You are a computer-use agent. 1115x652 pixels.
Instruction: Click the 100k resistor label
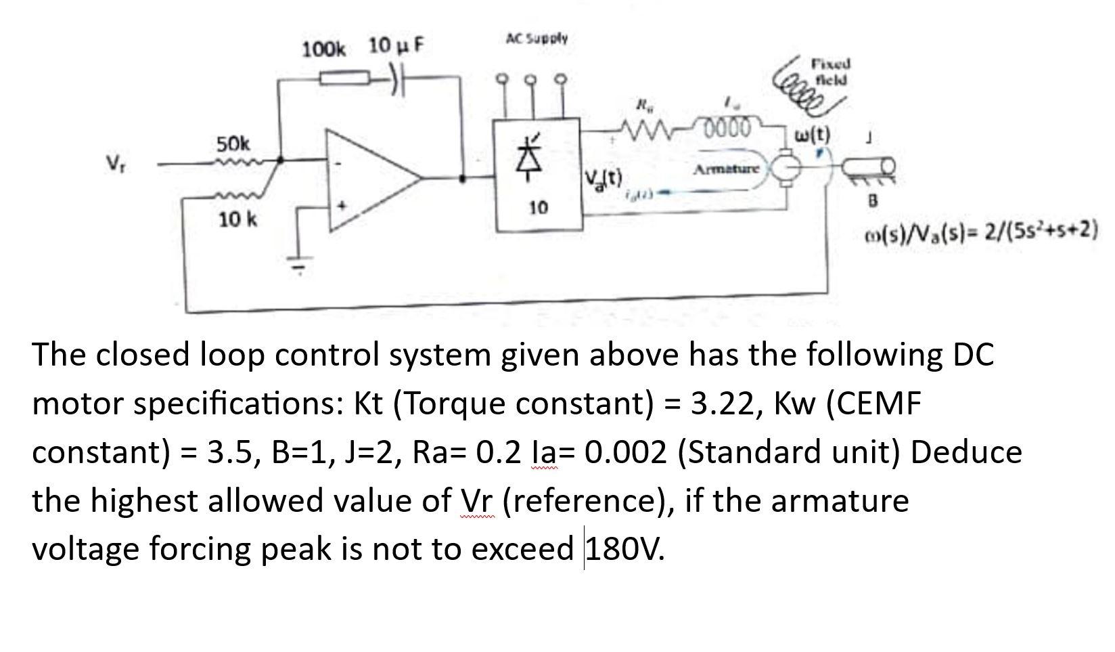(x=323, y=49)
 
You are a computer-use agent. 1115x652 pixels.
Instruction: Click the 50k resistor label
(x=233, y=144)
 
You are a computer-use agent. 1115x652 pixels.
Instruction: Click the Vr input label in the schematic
(x=114, y=163)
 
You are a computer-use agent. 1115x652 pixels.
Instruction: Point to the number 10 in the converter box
(x=539, y=208)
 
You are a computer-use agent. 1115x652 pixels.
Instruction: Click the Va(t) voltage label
(x=605, y=180)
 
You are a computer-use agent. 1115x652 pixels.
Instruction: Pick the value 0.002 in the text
(x=622, y=452)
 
